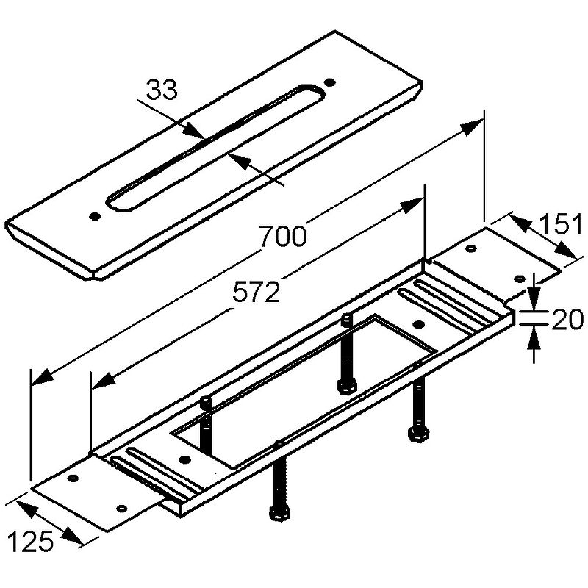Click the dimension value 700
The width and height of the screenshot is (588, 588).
[x=283, y=237]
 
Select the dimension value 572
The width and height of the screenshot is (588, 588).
[x=256, y=293]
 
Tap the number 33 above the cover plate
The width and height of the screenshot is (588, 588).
[x=162, y=90]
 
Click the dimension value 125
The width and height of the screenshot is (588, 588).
[x=31, y=542]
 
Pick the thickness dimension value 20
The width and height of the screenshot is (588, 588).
[x=567, y=320]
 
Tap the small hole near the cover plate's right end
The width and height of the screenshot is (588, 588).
[x=330, y=82]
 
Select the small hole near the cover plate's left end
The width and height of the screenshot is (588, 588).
[x=96, y=216]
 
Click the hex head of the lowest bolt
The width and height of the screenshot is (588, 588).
[x=279, y=513]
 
